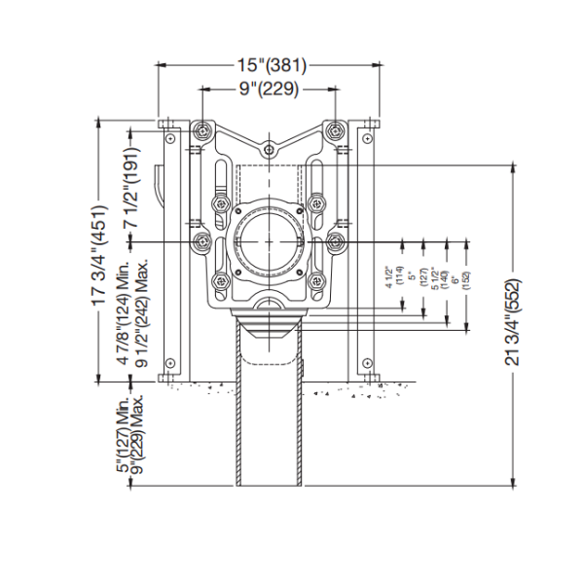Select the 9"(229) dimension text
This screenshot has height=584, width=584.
click(269, 89)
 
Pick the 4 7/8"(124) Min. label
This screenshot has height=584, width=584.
click(125, 312)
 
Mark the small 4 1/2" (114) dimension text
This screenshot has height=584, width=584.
click(391, 278)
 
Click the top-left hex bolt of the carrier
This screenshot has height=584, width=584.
click(201, 130)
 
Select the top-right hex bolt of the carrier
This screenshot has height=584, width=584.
click(336, 130)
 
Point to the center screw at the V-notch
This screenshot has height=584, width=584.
click(269, 151)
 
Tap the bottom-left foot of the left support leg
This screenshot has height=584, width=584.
click(170, 378)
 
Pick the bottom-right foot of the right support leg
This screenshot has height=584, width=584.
click(367, 378)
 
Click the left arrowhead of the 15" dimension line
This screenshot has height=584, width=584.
click(162, 66)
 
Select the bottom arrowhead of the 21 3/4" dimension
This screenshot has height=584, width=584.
click(513, 480)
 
